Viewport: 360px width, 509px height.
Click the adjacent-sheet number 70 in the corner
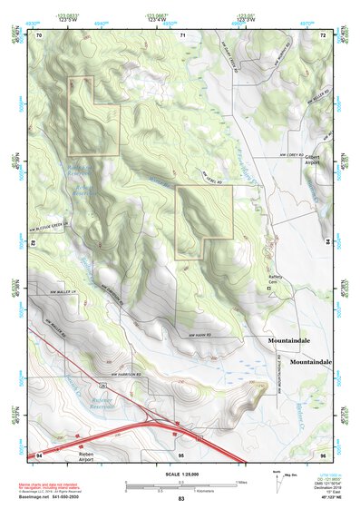tap(39, 35)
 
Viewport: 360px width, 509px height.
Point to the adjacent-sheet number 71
tap(182, 35)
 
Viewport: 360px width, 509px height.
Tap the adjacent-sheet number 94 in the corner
tap(38, 453)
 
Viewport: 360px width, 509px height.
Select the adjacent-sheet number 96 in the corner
tap(323, 453)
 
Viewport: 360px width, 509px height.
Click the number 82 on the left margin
tap(34, 243)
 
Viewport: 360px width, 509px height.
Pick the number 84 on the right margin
tap(327, 243)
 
